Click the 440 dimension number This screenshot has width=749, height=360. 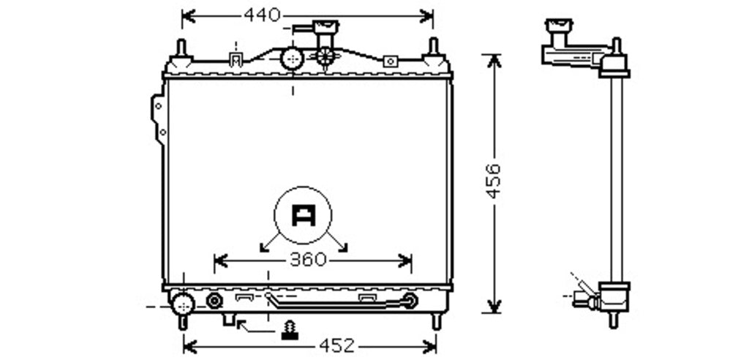(262, 15)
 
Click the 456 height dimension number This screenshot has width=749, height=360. (494, 181)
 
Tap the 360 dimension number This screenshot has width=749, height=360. (308, 260)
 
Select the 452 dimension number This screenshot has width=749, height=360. (337, 345)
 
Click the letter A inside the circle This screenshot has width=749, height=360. (304, 216)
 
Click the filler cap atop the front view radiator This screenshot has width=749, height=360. (325, 27)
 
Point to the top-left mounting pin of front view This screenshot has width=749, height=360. (181, 48)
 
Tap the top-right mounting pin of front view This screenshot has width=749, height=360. (434, 47)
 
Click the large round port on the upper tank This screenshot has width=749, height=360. (293, 59)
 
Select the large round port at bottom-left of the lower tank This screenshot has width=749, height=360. (183, 304)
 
